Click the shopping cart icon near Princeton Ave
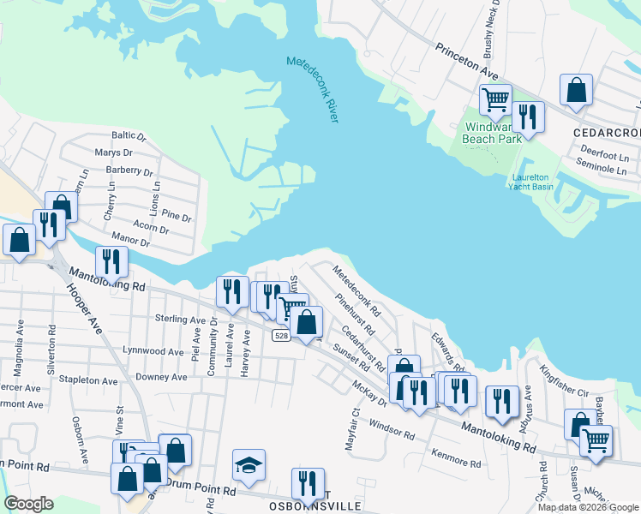pyautogui.click(x=495, y=101)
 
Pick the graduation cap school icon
pyautogui.click(x=249, y=465)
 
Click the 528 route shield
pyautogui.click(x=281, y=336)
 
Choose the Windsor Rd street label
pyautogui.click(x=392, y=429)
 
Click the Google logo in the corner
pyautogui.click(x=27, y=504)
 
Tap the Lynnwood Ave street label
pyautogui.click(x=153, y=351)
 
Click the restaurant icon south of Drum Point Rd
pyautogui.click(x=308, y=483)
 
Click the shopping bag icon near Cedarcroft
pyautogui.click(x=577, y=90)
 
